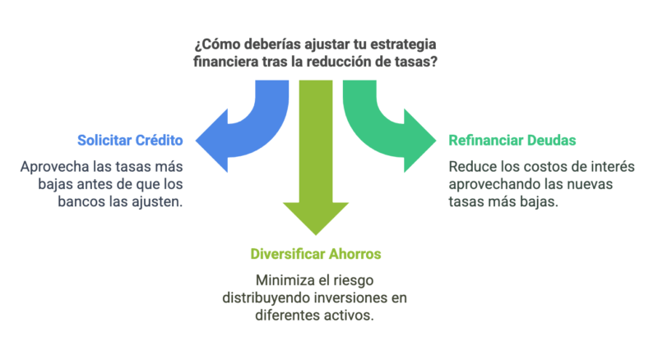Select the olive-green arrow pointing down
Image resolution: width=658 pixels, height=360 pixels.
point(316,157)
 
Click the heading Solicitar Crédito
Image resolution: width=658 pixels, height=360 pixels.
point(130,141)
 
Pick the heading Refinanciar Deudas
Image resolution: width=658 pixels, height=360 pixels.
point(512,141)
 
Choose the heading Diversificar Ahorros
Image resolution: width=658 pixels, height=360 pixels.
point(316,254)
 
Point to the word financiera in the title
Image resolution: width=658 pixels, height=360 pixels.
point(226,62)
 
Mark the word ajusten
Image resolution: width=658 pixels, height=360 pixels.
point(157,202)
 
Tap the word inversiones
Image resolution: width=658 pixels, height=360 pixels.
point(350,298)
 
